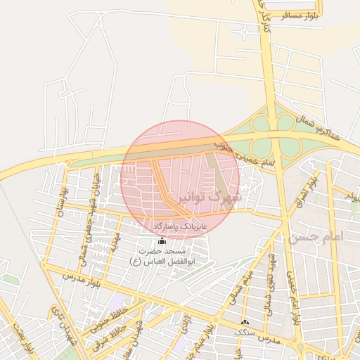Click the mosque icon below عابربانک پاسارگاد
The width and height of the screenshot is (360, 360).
[x=162, y=240]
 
